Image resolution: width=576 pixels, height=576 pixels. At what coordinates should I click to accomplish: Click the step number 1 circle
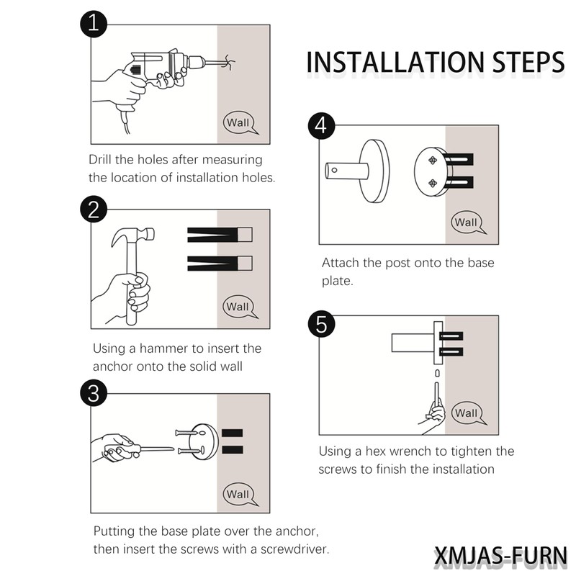[x=94, y=25]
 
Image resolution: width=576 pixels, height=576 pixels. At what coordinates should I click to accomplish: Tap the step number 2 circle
[x=94, y=210]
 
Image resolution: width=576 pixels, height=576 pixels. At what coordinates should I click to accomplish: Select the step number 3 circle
[x=94, y=393]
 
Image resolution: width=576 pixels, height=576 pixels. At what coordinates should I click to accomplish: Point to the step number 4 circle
[x=321, y=126]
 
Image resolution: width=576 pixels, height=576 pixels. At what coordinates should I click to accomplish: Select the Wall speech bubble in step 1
[x=238, y=122]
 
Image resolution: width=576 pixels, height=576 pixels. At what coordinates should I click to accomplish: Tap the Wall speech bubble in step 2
[x=238, y=307]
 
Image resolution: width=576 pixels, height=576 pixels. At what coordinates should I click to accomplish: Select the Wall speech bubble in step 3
[x=238, y=494]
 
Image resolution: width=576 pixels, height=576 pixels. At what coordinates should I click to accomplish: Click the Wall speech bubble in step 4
[x=466, y=222]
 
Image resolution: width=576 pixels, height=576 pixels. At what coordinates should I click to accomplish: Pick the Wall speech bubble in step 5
[x=466, y=413]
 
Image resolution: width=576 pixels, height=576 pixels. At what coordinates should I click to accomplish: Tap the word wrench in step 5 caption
[x=405, y=451]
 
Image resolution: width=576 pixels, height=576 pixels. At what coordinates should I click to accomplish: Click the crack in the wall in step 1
[x=230, y=61]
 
